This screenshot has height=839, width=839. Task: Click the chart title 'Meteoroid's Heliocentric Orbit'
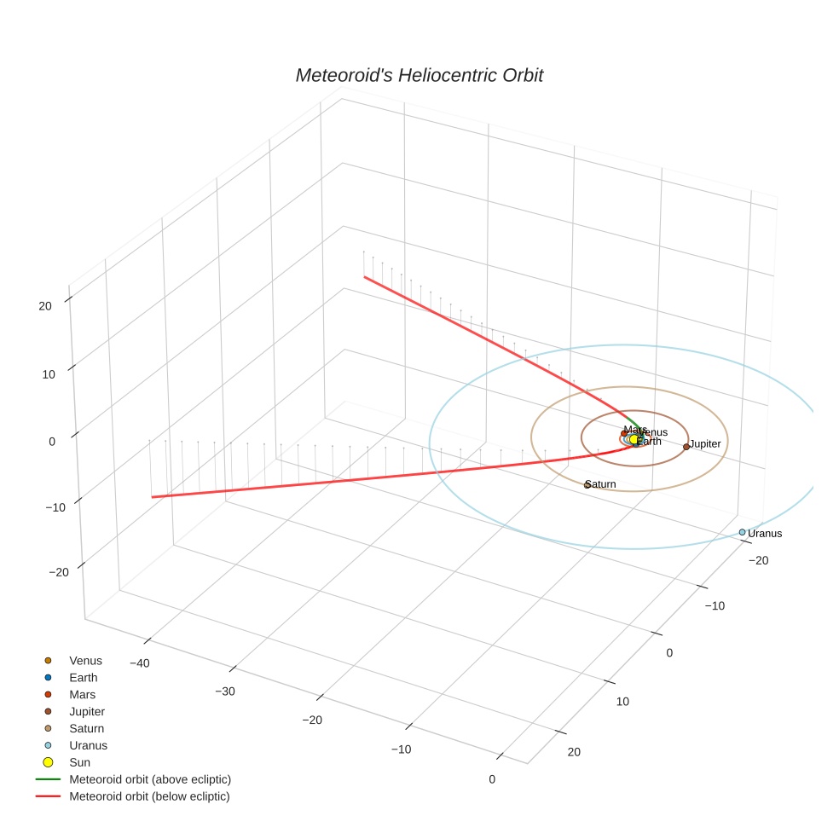(x=419, y=76)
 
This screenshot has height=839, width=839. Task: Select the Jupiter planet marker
(x=686, y=446)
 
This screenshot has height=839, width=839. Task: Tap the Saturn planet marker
(x=587, y=485)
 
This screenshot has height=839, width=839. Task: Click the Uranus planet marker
(x=742, y=532)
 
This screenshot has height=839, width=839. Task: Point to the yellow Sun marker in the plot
(x=634, y=439)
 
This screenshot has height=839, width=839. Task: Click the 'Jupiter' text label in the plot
(x=705, y=444)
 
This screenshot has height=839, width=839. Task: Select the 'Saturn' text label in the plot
(x=601, y=484)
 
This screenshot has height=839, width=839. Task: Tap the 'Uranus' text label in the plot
(x=765, y=534)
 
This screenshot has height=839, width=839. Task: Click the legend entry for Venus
(x=85, y=661)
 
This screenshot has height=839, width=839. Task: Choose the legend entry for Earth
(x=84, y=678)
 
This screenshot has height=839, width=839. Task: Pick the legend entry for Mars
(x=83, y=695)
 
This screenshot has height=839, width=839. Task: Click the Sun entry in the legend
(x=79, y=762)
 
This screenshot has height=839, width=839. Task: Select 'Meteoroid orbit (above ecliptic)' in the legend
(x=150, y=779)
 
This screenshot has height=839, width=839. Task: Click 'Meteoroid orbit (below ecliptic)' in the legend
(x=150, y=796)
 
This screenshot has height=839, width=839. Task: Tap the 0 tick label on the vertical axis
(x=52, y=441)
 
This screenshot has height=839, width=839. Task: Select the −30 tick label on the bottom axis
(x=225, y=691)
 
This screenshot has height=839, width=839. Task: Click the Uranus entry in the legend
(x=88, y=745)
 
